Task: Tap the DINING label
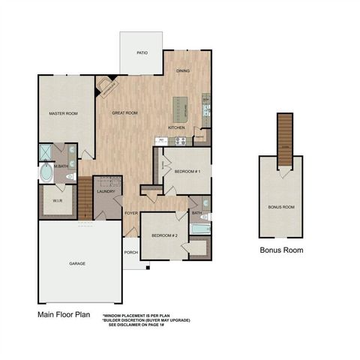click(183, 70)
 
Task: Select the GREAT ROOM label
click(124, 112)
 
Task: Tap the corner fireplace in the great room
click(110, 87)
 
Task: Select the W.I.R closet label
click(57, 201)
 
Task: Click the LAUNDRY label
click(106, 192)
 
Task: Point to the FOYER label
click(130, 214)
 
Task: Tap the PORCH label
click(130, 252)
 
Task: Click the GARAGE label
click(76, 264)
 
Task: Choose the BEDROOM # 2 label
click(163, 235)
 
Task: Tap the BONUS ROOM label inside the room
click(281, 206)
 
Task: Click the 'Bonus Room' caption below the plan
click(281, 250)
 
